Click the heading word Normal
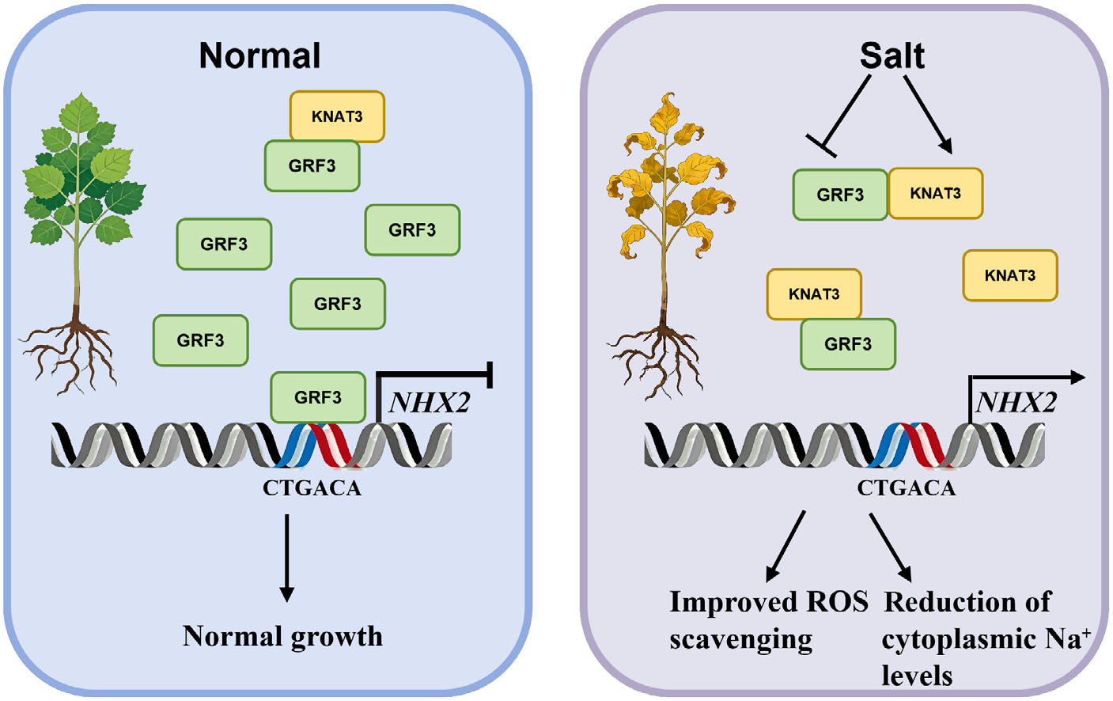[x=259, y=56]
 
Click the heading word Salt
[x=892, y=56]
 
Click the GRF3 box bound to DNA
[x=317, y=397]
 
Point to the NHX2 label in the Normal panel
[x=429, y=403]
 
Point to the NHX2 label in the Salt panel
[x=1016, y=403]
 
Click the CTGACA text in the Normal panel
[x=312, y=489]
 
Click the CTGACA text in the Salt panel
[x=906, y=489]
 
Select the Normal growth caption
[x=282, y=636]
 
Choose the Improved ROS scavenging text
[x=767, y=620]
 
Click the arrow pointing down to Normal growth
[x=287, y=557]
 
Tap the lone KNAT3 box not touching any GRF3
[x=1009, y=275]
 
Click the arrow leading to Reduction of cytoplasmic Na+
[x=892, y=548]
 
